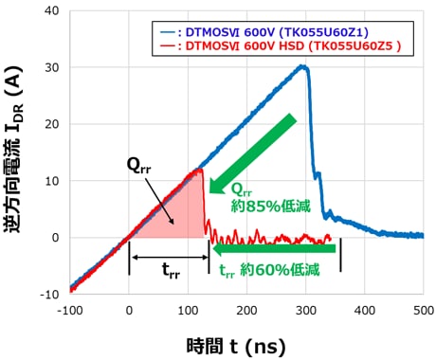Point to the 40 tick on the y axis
[x=52, y=11]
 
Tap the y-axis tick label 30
[x=52, y=68]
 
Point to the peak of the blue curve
[x=302, y=66]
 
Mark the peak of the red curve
[x=199, y=171]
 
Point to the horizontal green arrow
[x=275, y=249]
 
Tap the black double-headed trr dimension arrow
[x=169, y=256]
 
